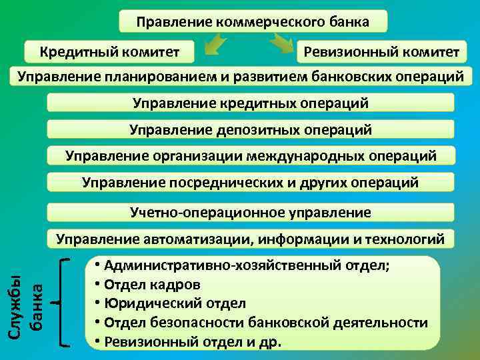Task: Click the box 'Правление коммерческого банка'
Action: (253, 22)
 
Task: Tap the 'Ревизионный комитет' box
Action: (381, 51)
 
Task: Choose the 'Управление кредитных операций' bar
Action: (251, 103)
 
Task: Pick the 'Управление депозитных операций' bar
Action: (251, 129)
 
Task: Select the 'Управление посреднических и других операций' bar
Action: (251, 182)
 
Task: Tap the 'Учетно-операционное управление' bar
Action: (251, 213)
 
